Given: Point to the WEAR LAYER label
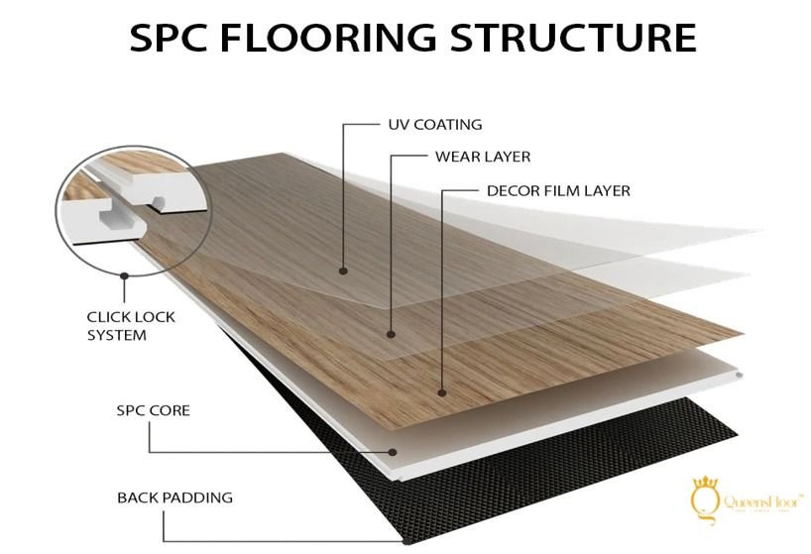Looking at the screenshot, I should [482, 157].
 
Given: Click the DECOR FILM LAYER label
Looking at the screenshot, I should [558, 189].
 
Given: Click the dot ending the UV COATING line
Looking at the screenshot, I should [343, 270].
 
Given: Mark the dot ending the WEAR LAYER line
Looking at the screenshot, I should [391, 334].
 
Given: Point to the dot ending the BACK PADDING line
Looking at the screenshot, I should [405, 540].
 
